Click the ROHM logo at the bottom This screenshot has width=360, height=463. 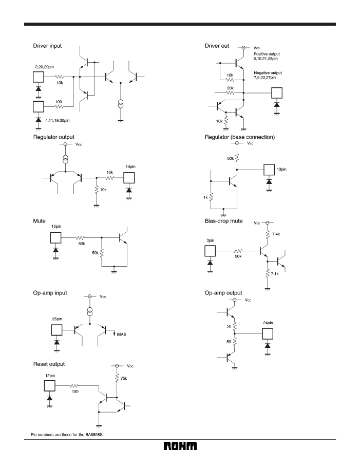pos(180,446)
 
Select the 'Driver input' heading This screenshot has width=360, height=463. pos(47,46)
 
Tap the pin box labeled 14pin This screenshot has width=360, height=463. pos(129,178)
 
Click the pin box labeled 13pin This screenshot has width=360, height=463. pos(269,170)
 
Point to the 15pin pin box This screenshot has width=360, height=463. pos(56,238)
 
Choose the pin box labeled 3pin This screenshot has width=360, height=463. pos(210,251)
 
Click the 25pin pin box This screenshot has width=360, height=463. pos(56,330)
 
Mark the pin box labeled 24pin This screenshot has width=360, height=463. pos(268,334)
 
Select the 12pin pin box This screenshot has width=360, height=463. pos(50,385)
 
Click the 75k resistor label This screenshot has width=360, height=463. pos(124,378)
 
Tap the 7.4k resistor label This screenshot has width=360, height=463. pos(276,234)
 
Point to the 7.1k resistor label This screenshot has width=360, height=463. pos(275,274)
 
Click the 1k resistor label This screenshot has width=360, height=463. pos(205,197)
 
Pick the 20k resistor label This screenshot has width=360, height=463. pos(230,88)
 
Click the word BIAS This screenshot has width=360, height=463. pos(121,335)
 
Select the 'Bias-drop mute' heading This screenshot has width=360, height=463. pos(224,221)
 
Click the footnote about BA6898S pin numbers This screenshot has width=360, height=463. pos(67,435)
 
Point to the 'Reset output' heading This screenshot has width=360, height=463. pos(49,364)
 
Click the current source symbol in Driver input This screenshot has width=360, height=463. pos(121,104)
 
